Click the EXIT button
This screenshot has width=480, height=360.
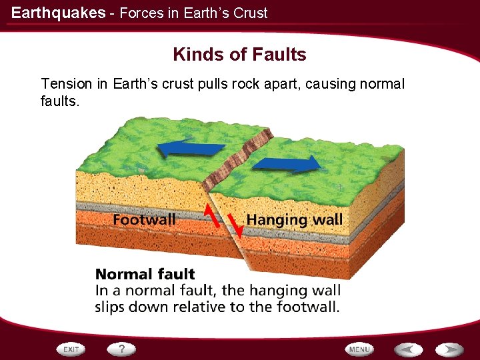pos(71,349)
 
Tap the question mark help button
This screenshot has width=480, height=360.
pos(121,349)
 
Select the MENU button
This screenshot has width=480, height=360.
pos(359,349)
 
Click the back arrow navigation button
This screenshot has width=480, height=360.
pos(407,349)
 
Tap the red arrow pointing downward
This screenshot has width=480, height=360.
pos(234,226)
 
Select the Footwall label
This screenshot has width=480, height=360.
pos(144,219)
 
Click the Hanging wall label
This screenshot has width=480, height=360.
pos(294,219)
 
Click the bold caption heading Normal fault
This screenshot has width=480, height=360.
pos(145,274)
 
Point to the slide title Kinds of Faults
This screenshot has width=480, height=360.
pos(239,55)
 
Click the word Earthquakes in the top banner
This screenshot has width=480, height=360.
pos(58,13)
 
